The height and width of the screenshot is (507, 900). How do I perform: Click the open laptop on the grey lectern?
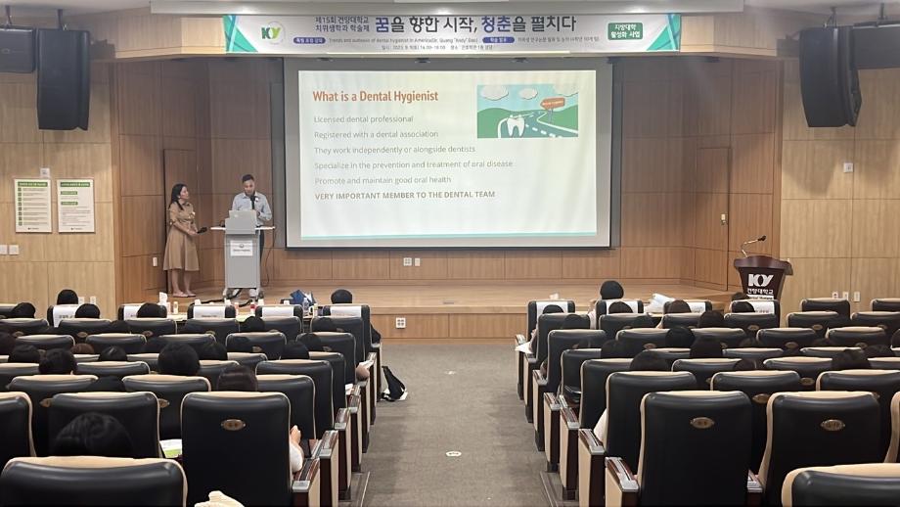[240, 221]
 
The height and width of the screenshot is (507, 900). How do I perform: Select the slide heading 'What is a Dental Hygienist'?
[375, 96]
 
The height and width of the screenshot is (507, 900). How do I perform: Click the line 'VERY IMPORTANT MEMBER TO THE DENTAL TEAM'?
[404, 195]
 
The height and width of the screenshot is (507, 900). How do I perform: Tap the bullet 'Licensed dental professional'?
[364, 119]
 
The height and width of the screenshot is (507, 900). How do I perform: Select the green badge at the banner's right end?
[624, 30]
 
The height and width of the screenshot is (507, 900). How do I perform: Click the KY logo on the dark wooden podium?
[760, 280]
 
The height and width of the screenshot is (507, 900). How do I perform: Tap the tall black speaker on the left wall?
[64, 78]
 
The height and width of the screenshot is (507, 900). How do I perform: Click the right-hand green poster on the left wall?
[75, 205]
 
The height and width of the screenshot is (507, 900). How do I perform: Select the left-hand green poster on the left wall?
[32, 205]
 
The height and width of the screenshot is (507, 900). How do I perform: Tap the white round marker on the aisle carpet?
[453, 454]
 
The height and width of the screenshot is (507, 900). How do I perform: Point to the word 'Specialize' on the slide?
[335, 164]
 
